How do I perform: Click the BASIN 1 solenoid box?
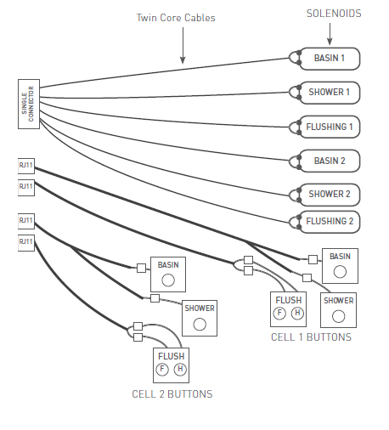(330, 59)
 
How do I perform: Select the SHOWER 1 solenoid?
(330, 93)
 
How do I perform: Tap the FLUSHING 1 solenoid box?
(330, 127)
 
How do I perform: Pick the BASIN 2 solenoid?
(330, 161)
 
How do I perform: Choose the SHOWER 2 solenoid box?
(330, 195)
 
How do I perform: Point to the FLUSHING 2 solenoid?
(330, 222)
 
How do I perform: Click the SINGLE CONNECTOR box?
(29, 104)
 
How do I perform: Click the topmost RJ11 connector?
(26, 166)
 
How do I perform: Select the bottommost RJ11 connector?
(26, 243)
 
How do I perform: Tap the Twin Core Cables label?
(176, 18)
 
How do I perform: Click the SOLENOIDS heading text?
(334, 14)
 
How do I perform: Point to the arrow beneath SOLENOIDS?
(330, 34)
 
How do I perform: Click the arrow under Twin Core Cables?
(183, 45)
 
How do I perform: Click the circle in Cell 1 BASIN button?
(340, 272)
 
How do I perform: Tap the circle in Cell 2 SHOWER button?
(200, 325)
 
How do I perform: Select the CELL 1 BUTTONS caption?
(311, 337)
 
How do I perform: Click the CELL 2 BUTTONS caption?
(172, 394)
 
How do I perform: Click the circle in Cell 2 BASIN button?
(168, 280)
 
